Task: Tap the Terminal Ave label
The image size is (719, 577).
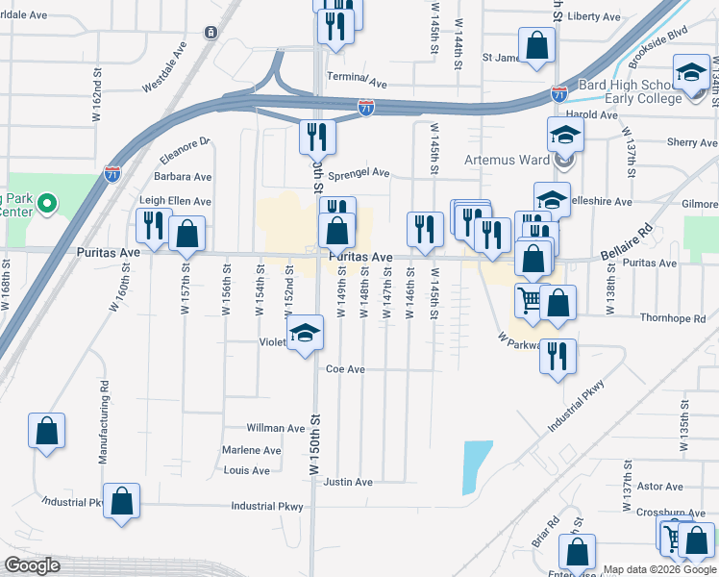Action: point(356,77)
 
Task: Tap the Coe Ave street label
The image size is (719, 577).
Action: point(345,369)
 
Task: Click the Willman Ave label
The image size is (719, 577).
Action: point(276,428)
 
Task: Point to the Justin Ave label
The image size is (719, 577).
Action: point(348,482)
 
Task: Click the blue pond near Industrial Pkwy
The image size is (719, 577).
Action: point(477,466)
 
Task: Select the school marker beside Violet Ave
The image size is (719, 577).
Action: point(306,335)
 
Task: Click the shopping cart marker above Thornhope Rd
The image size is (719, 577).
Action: point(529,301)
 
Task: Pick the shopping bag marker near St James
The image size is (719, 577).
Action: point(536,45)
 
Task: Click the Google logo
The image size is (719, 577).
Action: point(33,565)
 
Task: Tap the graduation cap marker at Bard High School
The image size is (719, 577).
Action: point(691,74)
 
